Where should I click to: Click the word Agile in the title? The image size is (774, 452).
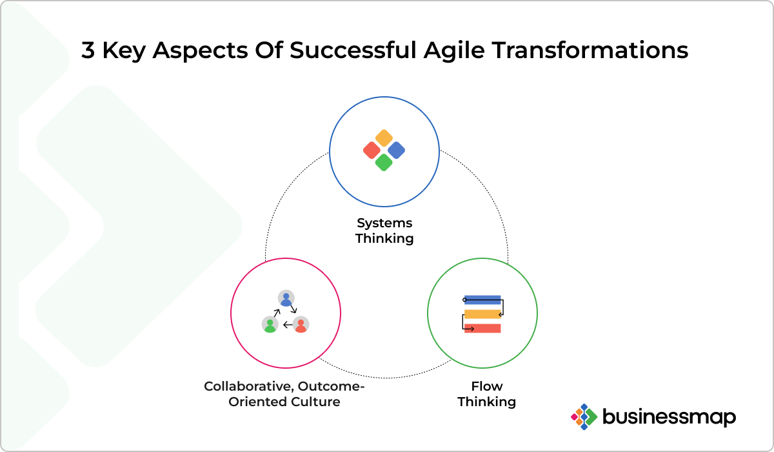coord(454,51)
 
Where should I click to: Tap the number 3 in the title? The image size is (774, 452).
coord(88,50)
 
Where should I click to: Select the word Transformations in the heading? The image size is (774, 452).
coord(590,50)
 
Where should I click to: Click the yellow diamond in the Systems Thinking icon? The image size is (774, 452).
coord(384,138)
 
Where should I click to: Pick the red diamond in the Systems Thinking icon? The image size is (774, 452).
coord(372,150)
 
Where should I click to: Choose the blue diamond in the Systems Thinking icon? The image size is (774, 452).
coord(396,150)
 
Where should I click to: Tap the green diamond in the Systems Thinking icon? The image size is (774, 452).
coord(384,163)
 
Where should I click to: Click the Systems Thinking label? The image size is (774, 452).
coord(384,231)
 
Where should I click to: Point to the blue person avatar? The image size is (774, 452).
coord(286,298)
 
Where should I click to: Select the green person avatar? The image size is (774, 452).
coord(270,324)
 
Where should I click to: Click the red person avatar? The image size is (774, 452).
coord(301,324)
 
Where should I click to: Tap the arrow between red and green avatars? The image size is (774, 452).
coord(288,325)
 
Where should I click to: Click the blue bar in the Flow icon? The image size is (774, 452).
coord(482,300)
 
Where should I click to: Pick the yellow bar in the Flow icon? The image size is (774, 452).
coord(482,314)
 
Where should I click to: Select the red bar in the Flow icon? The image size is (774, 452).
coord(482,328)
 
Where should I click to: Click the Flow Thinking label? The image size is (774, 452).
coord(487,394)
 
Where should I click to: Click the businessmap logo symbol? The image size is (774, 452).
coord(584,416)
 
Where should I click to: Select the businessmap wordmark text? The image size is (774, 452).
coord(670,417)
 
